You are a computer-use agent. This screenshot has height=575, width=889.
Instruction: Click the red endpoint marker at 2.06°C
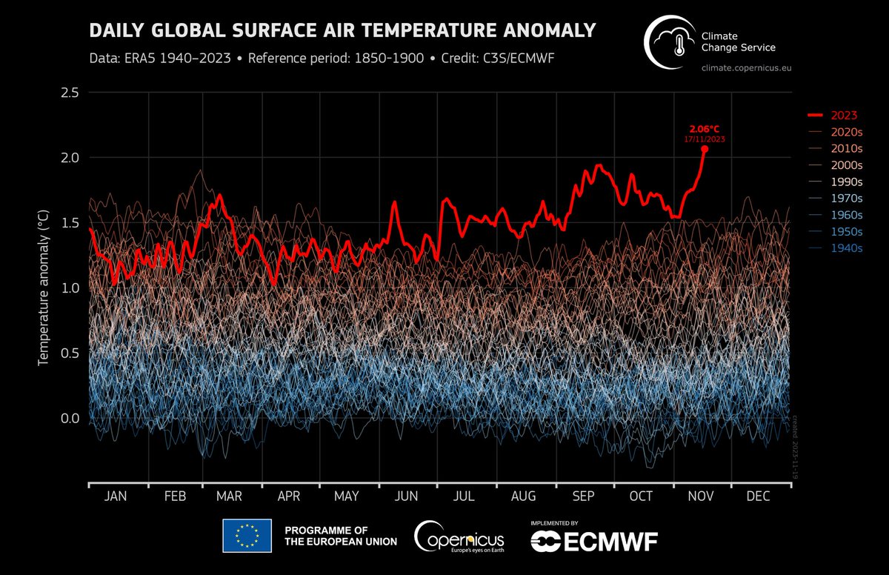704,149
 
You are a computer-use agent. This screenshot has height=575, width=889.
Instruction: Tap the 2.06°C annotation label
704,128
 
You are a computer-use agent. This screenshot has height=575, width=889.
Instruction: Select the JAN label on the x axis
116,496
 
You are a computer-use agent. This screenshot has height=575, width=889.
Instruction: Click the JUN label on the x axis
407,496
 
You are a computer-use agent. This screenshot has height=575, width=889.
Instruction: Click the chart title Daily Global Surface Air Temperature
342,30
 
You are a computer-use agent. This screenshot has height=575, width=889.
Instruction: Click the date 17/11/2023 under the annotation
704,139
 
